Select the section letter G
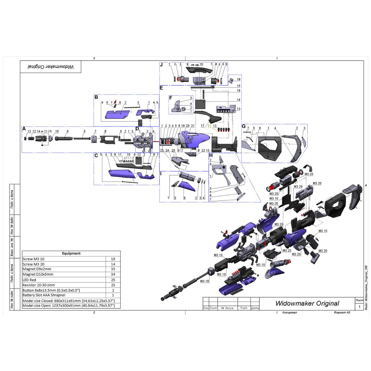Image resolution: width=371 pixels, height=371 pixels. point(244,126)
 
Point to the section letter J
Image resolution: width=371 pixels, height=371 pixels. point(162,65)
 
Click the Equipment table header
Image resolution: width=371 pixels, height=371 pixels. point(71,253)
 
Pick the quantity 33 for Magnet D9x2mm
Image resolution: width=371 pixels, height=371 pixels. point(113,269)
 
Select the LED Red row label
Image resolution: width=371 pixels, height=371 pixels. point(29,280)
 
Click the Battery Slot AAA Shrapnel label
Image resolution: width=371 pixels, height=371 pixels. point(44,295)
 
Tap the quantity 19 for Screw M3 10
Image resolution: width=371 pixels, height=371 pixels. point(113,259)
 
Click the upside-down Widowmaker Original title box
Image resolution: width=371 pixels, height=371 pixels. point(50,67)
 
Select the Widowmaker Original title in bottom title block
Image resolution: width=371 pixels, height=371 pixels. point(307,303)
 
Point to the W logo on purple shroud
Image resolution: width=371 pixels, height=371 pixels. point(190,139)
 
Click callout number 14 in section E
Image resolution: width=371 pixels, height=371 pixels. point(238,100)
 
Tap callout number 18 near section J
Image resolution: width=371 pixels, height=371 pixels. point(239,79)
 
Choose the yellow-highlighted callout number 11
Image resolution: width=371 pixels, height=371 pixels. point(209,126)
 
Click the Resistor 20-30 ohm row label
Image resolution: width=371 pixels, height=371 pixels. point(39,285)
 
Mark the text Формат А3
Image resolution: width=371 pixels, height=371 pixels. point(342,313)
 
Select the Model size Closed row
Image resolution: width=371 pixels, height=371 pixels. point(69,301)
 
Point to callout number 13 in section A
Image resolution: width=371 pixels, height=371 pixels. point(29,131)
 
